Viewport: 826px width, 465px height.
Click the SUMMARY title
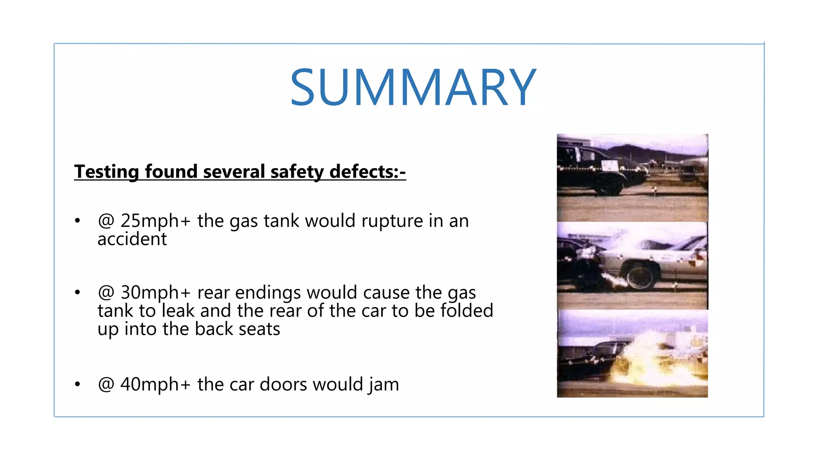tap(413, 88)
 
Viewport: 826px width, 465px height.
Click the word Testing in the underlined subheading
tap(106, 172)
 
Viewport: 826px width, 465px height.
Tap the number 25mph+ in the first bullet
tap(155, 221)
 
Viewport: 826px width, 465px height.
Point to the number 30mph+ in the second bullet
tap(155, 293)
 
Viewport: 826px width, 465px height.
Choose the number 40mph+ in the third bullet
tap(155, 384)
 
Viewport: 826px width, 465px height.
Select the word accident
tap(132, 239)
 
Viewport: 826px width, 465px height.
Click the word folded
tap(467, 311)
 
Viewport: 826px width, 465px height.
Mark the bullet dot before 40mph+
tap(77, 384)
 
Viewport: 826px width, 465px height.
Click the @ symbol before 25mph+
tap(106, 221)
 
